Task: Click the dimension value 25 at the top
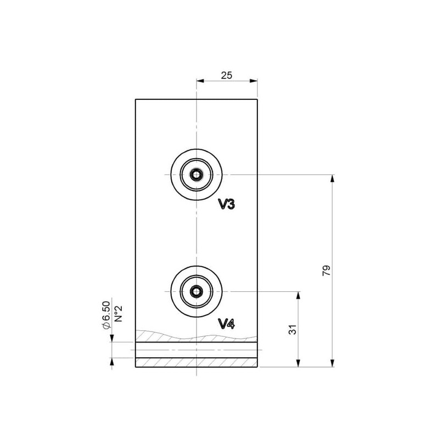coord(227,75)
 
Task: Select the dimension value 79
coord(327,271)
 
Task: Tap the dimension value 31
coord(292,330)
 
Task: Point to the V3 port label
coord(227,205)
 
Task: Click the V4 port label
coord(227,324)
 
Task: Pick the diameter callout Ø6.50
coord(106,314)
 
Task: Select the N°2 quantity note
coord(119,313)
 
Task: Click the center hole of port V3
coord(196,175)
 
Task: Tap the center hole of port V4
coord(196,291)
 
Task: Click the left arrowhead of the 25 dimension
coord(200,81)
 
